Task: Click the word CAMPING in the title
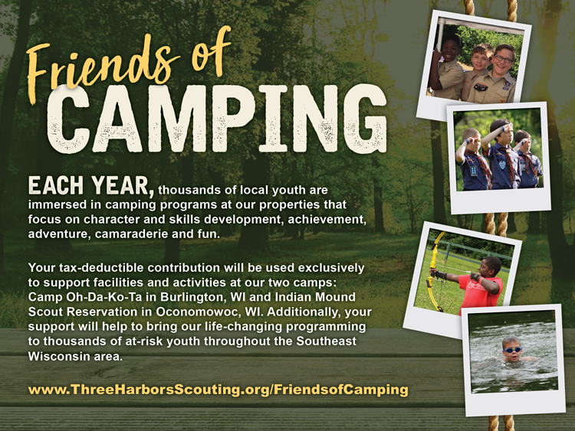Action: [x=217, y=119]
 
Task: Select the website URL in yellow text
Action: [x=219, y=389]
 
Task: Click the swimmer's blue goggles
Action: [x=512, y=350]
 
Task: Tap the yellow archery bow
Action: [x=435, y=272]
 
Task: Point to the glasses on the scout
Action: [x=504, y=59]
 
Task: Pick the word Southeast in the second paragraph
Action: [x=327, y=341]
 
